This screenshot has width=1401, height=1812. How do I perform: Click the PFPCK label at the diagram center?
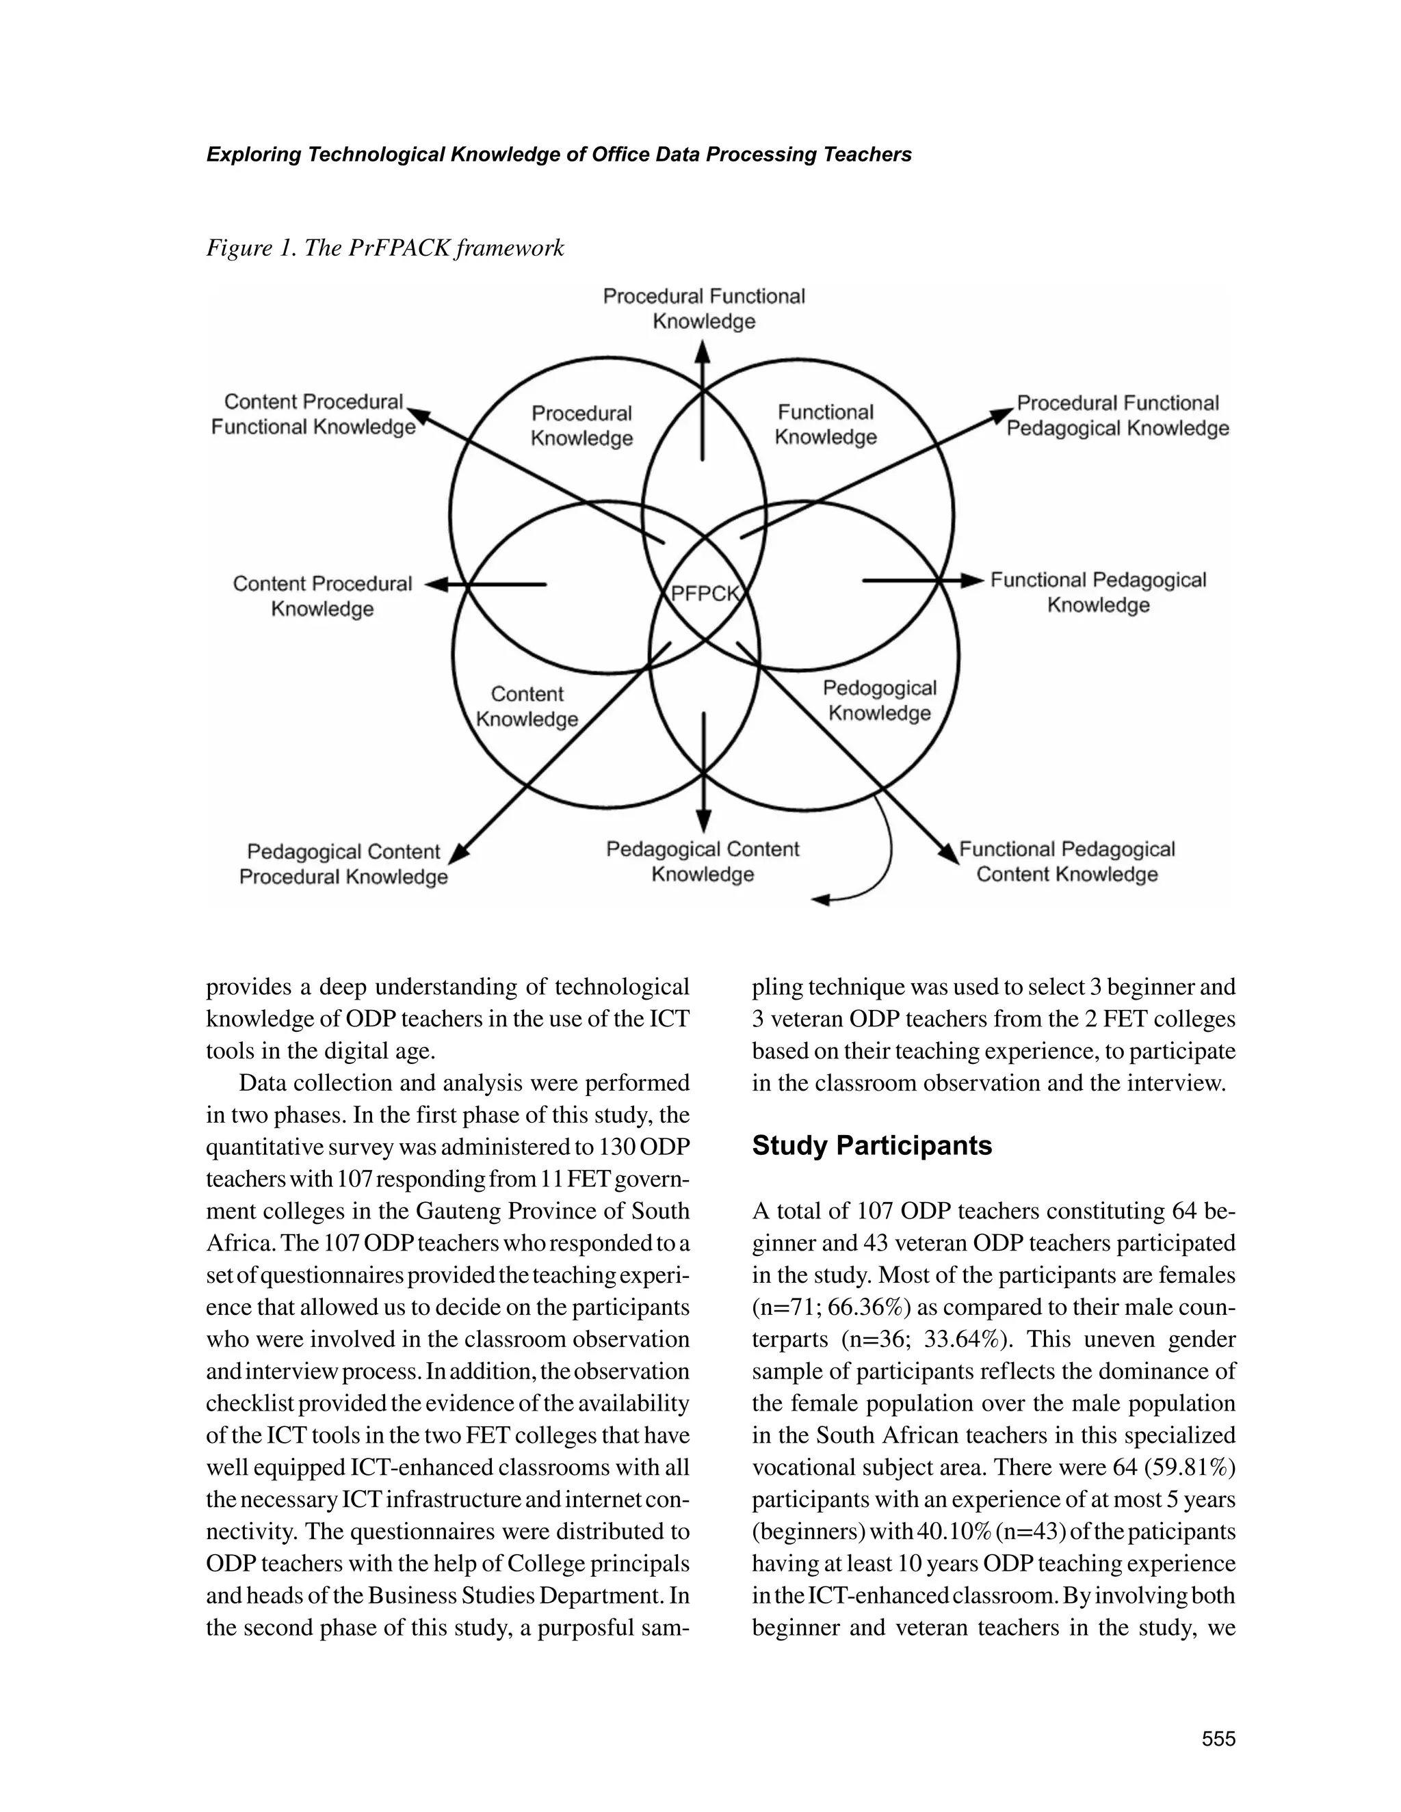(x=704, y=594)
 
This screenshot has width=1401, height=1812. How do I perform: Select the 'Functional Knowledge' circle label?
(x=826, y=424)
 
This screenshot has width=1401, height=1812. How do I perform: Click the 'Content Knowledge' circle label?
(x=527, y=706)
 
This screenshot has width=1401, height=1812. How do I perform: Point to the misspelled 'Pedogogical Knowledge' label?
(x=880, y=700)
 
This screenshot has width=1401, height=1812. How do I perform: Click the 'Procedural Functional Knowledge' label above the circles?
(x=704, y=308)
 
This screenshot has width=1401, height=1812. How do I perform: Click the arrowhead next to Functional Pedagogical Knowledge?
(x=972, y=580)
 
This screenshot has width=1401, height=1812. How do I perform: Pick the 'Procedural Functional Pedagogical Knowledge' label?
(x=1117, y=416)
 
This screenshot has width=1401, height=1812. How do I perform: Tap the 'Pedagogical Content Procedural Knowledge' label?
(x=343, y=864)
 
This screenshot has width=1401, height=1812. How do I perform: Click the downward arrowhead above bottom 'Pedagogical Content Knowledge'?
(x=704, y=822)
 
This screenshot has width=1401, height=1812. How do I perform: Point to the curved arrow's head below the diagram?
(x=821, y=899)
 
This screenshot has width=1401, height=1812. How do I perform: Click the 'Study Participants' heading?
(x=872, y=1146)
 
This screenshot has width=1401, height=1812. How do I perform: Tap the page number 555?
(x=1218, y=1739)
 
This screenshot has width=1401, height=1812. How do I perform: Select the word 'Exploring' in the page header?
(x=253, y=155)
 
